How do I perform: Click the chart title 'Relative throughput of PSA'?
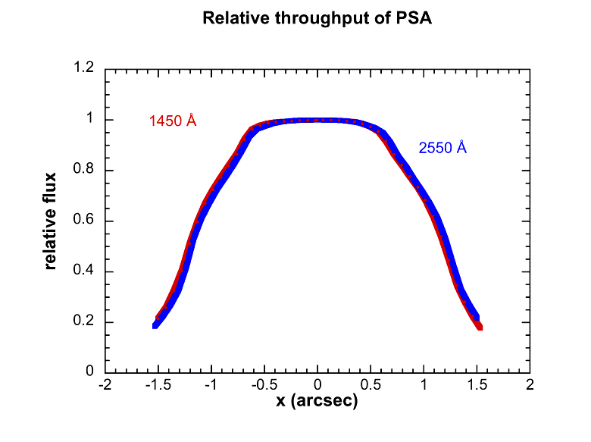point(317,18)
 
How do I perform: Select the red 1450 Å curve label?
point(173,121)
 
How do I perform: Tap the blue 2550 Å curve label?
point(442,148)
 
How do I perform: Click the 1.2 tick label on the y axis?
point(85,69)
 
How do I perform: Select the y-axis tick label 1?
point(90,120)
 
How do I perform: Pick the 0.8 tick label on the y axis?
point(85,171)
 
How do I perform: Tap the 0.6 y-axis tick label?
point(85,221)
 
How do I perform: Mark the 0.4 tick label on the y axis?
point(85,271)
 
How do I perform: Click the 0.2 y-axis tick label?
point(85,322)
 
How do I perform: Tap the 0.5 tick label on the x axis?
point(371,385)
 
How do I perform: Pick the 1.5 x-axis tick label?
point(477,385)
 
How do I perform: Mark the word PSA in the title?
point(415,18)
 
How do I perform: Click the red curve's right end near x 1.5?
point(479,327)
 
